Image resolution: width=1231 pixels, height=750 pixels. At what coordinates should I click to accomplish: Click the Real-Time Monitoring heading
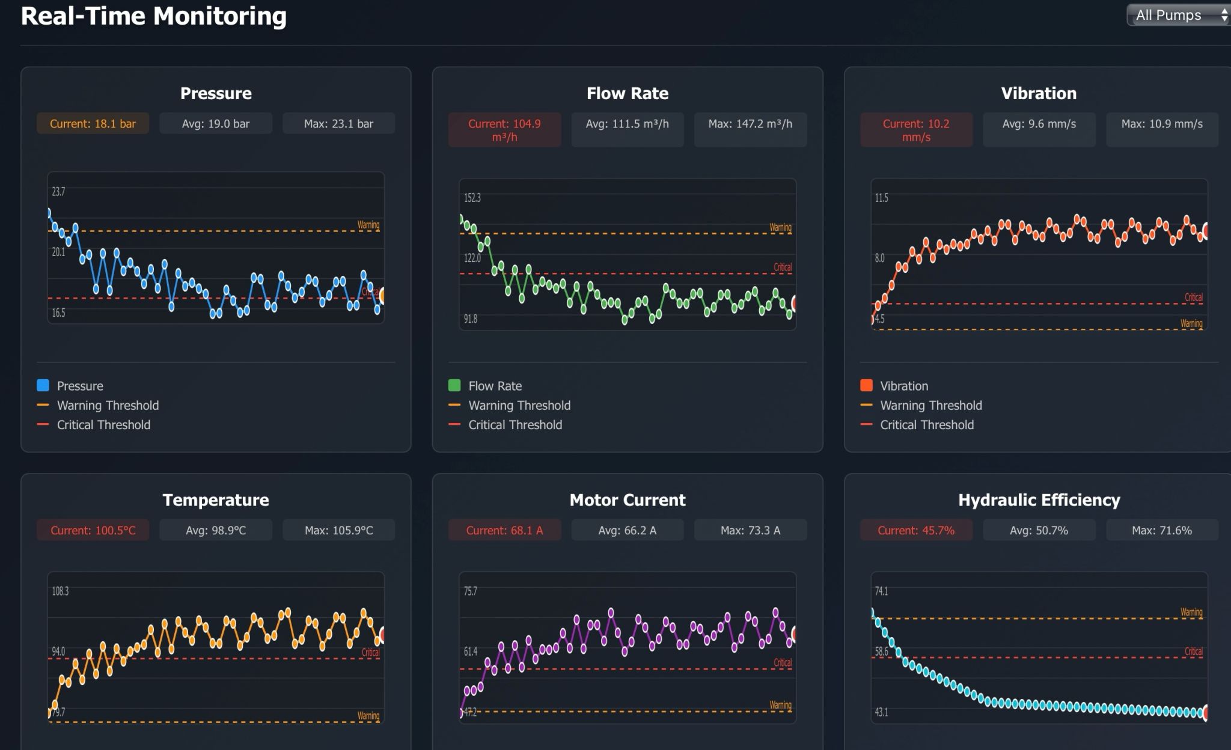153,16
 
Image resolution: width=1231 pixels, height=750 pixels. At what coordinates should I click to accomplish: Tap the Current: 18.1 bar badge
93,124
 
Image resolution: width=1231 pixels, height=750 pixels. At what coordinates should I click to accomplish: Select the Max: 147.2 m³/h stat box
750,124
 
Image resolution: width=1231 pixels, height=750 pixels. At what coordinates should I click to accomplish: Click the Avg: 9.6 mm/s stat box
1039,124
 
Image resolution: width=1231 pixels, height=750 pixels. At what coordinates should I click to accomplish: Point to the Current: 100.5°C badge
93,531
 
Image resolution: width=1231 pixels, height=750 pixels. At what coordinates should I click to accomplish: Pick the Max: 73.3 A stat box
750,531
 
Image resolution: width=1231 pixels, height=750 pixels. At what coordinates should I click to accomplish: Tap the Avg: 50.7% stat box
1039,531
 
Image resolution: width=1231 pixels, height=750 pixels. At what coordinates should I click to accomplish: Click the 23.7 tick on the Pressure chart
58,192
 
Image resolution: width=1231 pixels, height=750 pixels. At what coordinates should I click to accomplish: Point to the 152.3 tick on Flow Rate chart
472,198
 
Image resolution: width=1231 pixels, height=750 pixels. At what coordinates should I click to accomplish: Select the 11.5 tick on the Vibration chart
881,198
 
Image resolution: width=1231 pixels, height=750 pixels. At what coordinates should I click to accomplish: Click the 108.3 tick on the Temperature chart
60,591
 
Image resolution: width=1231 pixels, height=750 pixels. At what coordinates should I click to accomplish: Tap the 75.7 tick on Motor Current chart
470,591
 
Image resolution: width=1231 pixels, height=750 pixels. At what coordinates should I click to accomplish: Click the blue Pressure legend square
43,385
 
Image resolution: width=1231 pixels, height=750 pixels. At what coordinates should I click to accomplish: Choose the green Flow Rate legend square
454,385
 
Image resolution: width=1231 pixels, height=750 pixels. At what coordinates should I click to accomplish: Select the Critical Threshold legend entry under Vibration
926,425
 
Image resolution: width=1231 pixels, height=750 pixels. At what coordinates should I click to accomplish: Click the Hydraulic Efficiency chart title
1039,500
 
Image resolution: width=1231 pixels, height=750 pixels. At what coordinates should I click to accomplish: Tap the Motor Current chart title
627,500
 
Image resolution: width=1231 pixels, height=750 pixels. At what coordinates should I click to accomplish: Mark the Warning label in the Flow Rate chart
780,227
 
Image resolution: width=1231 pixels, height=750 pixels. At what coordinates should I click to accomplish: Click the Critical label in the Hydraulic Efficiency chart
1193,651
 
